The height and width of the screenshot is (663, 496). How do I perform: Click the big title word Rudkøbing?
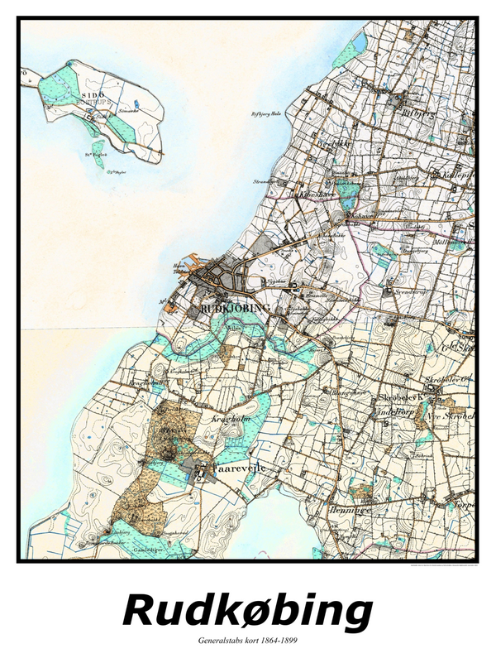(x=247, y=612)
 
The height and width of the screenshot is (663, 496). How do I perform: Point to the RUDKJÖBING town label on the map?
(x=236, y=308)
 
